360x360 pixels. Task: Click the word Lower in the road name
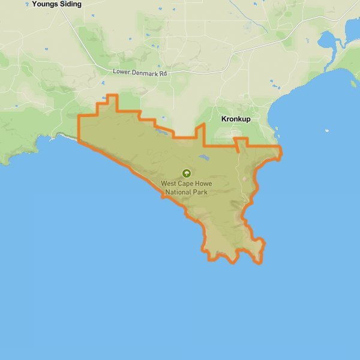point(122,72)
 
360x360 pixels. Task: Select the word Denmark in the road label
point(146,72)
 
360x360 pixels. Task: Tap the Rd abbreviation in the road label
point(167,72)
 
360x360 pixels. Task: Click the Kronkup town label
point(236,119)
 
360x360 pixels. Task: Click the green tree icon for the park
point(185,173)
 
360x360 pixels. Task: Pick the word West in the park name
point(170,184)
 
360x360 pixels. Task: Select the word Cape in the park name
point(188,184)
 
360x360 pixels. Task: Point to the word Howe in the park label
point(205,184)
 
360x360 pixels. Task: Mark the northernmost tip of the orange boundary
point(111,95)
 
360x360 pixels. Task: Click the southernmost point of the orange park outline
point(259,263)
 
